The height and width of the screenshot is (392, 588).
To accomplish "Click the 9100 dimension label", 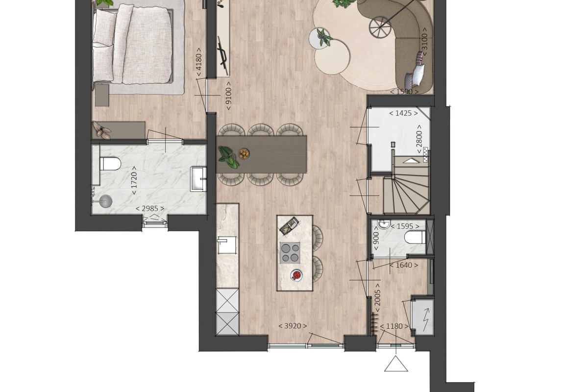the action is (x=229, y=96).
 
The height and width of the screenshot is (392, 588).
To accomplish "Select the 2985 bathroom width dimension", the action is (x=150, y=208).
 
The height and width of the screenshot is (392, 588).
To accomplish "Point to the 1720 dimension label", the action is (x=134, y=180).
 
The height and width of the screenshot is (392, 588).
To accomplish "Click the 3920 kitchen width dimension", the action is (x=293, y=326).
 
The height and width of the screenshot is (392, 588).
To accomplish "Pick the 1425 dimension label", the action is (x=403, y=113).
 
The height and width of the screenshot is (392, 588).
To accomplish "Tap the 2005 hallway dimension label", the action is (x=377, y=298).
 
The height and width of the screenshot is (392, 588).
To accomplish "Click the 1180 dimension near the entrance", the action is (x=394, y=326).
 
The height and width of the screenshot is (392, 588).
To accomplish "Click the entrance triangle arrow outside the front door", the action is (x=396, y=364).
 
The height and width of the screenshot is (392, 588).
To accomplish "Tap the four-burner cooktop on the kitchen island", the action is (x=290, y=252).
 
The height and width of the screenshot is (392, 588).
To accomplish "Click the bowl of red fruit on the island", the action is (x=296, y=275).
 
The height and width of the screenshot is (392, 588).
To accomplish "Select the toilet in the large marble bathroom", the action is (x=110, y=164).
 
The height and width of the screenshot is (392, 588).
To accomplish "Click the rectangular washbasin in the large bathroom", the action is (x=198, y=179).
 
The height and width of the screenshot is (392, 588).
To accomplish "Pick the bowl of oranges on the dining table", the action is (x=244, y=153).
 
